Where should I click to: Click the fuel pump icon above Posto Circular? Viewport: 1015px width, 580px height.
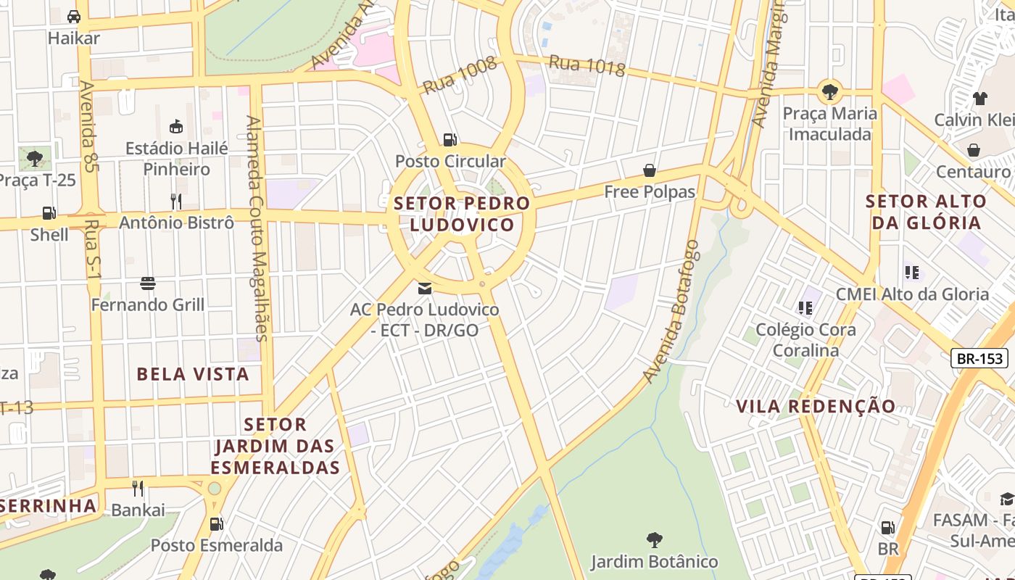[450, 139]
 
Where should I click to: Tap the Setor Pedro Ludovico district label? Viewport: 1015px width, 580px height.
[462, 214]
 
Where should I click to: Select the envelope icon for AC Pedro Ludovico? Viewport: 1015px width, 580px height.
[425, 289]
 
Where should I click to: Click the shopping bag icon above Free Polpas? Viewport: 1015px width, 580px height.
[650, 170]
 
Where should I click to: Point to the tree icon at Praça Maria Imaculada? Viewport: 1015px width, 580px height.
[829, 92]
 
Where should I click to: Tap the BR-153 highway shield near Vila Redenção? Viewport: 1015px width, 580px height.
[979, 358]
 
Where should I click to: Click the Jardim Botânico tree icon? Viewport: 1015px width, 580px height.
[654, 540]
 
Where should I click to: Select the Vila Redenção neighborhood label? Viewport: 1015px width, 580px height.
[816, 406]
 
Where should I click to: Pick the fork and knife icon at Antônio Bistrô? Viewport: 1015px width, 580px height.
[175, 201]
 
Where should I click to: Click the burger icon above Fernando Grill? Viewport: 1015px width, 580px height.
[148, 283]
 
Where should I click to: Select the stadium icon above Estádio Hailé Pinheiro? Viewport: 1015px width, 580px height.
[175, 127]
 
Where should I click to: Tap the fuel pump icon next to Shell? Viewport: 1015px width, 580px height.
[49, 213]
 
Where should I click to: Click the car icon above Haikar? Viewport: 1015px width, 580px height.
[73, 16]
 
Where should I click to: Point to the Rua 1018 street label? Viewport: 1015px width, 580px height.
[587, 66]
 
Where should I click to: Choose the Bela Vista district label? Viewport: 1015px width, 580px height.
[193, 374]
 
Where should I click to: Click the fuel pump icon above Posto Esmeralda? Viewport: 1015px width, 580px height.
[215, 523]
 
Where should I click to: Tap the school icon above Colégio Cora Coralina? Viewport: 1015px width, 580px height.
[805, 308]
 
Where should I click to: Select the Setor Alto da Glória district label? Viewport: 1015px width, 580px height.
[927, 212]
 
